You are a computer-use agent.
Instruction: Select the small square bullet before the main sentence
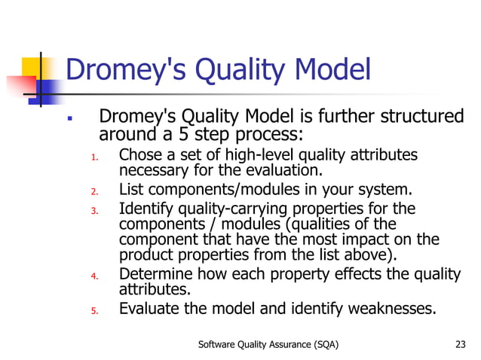coord(69,120)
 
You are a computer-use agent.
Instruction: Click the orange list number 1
coord(93,157)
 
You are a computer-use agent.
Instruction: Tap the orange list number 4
coord(93,276)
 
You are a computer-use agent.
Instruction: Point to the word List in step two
coord(132,188)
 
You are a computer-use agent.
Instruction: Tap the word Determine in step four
coord(155,273)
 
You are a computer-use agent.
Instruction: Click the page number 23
coord(461,345)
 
